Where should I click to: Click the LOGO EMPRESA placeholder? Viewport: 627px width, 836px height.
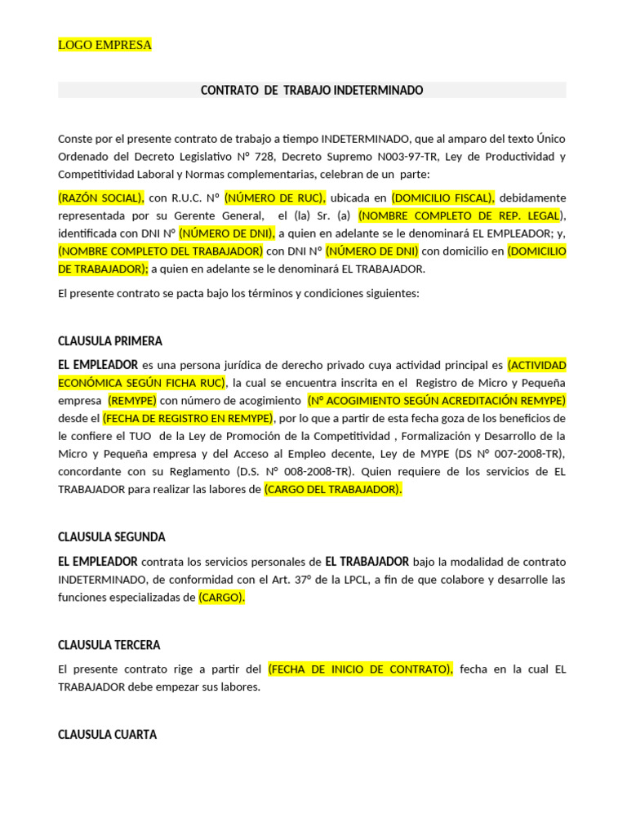pos(104,45)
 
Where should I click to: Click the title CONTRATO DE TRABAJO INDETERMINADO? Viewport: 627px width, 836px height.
pos(312,90)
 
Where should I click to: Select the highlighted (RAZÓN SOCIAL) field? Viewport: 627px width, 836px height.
pos(101,198)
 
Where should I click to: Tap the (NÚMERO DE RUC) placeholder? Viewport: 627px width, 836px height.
pos(276,198)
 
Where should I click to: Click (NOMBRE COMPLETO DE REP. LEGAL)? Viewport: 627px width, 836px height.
pos(460,216)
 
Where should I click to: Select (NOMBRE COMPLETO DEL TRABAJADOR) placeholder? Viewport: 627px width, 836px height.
pos(161,251)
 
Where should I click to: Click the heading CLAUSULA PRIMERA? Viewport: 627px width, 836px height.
pos(110,340)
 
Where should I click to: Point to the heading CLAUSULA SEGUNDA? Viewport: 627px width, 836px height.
pos(112,536)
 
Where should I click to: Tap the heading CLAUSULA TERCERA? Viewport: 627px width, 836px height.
pos(109,644)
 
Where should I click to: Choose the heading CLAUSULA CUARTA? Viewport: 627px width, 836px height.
pos(107,734)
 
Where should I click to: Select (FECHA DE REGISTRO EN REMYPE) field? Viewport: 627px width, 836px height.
pos(188,418)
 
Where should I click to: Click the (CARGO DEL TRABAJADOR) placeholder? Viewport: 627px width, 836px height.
pos(333,489)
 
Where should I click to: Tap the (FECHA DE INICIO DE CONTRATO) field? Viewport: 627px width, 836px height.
pos(360,669)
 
